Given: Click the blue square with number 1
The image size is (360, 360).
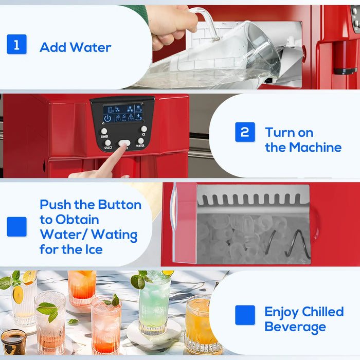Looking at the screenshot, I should coord(16,44).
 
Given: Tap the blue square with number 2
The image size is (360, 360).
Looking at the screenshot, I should coord(245,132).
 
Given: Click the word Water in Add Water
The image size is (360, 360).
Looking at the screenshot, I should coord(91,47).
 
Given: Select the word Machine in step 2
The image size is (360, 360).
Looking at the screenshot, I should coord(315,147).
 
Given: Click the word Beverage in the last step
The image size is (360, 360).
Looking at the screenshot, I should coord(295,327).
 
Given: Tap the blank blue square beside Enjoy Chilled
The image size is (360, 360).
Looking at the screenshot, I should coord(245,315).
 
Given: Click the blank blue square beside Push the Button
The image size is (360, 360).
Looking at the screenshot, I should coord(16,227).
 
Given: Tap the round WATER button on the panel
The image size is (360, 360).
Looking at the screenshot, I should coord(140,140).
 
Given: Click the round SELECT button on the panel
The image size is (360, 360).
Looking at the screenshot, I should coord(108,142).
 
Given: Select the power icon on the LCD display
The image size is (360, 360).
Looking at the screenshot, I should coord(107,118).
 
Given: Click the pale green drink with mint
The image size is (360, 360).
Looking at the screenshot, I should coord(154,303).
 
